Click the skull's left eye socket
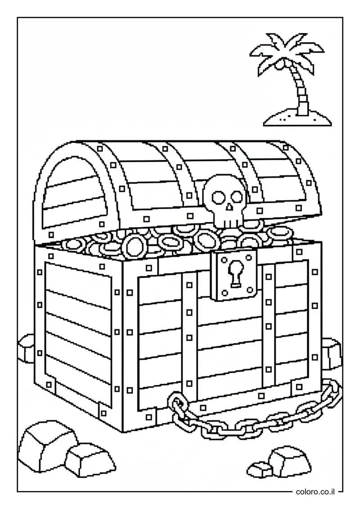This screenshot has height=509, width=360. (x=217, y=196)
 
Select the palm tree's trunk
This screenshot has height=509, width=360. (x=301, y=90)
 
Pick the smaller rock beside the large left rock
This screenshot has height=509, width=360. (x=90, y=461)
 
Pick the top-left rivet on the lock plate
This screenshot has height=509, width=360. (x=224, y=259)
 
